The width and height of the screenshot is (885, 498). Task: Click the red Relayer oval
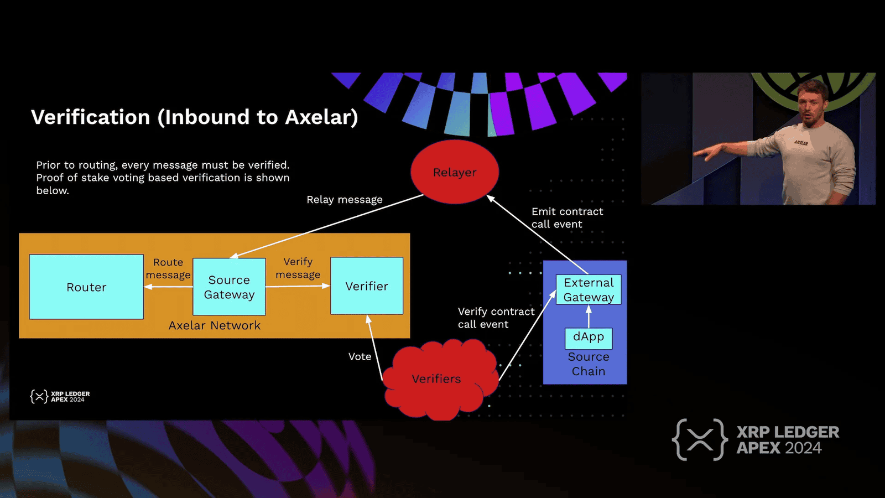pos(455,172)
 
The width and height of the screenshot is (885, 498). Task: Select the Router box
pos(86,287)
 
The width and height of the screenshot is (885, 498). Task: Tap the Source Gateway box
pos(229,287)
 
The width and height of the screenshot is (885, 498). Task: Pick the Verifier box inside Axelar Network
pos(367,286)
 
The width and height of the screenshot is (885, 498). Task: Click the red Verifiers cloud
pos(436,379)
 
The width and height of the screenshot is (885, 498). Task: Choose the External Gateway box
pos(589,289)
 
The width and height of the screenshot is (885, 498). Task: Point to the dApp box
pos(589,337)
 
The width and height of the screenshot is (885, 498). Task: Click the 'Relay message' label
pos(345,199)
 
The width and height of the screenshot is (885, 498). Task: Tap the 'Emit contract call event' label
pos(567,217)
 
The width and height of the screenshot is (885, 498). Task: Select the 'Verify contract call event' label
pos(496,318)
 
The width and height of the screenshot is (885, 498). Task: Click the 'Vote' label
pos(360,357)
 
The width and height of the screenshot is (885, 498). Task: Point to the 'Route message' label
pos(168,268)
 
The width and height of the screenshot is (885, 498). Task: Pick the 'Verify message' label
pos(298,268)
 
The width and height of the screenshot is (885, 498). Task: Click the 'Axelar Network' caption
pos(215,325)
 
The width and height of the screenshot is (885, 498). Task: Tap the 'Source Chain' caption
pos(589,364)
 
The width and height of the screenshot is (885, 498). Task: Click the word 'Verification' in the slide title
pos(91,117)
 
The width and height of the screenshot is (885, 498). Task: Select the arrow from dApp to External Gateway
pos(589,317)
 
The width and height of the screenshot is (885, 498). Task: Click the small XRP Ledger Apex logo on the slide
pos(60,396)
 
